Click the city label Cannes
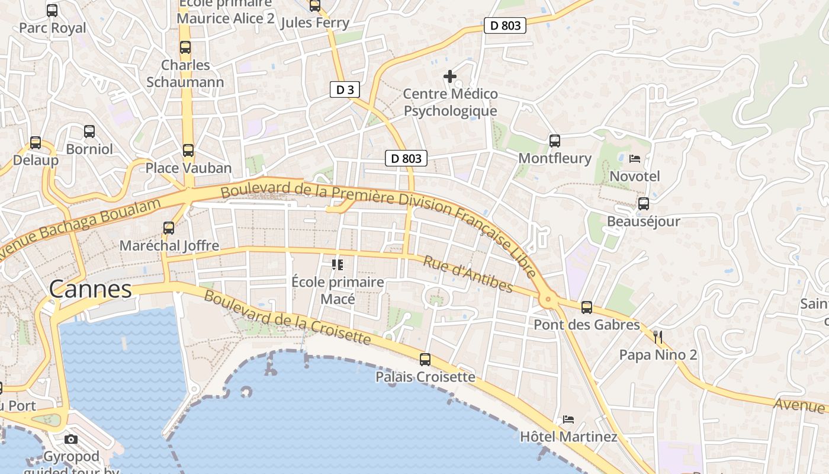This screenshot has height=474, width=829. (x=90, y=289)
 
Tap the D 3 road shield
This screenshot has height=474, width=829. (x=345, y=90)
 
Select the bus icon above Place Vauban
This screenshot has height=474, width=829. (x=188, y=150)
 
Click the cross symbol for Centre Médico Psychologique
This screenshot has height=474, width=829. (x=450, y=76)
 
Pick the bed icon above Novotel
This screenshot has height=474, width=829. (x=635, y=159)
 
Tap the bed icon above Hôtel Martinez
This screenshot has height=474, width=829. (x=568, y=419)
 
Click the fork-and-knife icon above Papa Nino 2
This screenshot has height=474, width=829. (x=658, y=337)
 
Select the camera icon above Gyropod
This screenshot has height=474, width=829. (x=71, y=439)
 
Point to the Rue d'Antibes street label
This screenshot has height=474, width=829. (x=468, y=274)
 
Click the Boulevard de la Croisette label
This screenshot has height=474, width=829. (x=287, y=318)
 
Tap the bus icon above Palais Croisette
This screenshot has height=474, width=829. (x=425, y=359)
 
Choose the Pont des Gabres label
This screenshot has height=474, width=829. (x=587, y=325)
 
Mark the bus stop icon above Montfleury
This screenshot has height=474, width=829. (x=555, y=140)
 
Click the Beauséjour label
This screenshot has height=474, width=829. (x=644, y=222)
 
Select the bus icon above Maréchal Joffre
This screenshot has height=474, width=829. (x=169, y=228)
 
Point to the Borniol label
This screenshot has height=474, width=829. (x=89, y=149)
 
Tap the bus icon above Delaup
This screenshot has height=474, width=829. (x=36, y=143)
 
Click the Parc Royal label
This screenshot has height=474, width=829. (x=52, y=28)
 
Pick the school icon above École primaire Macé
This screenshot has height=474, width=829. (x=338, y=264)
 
